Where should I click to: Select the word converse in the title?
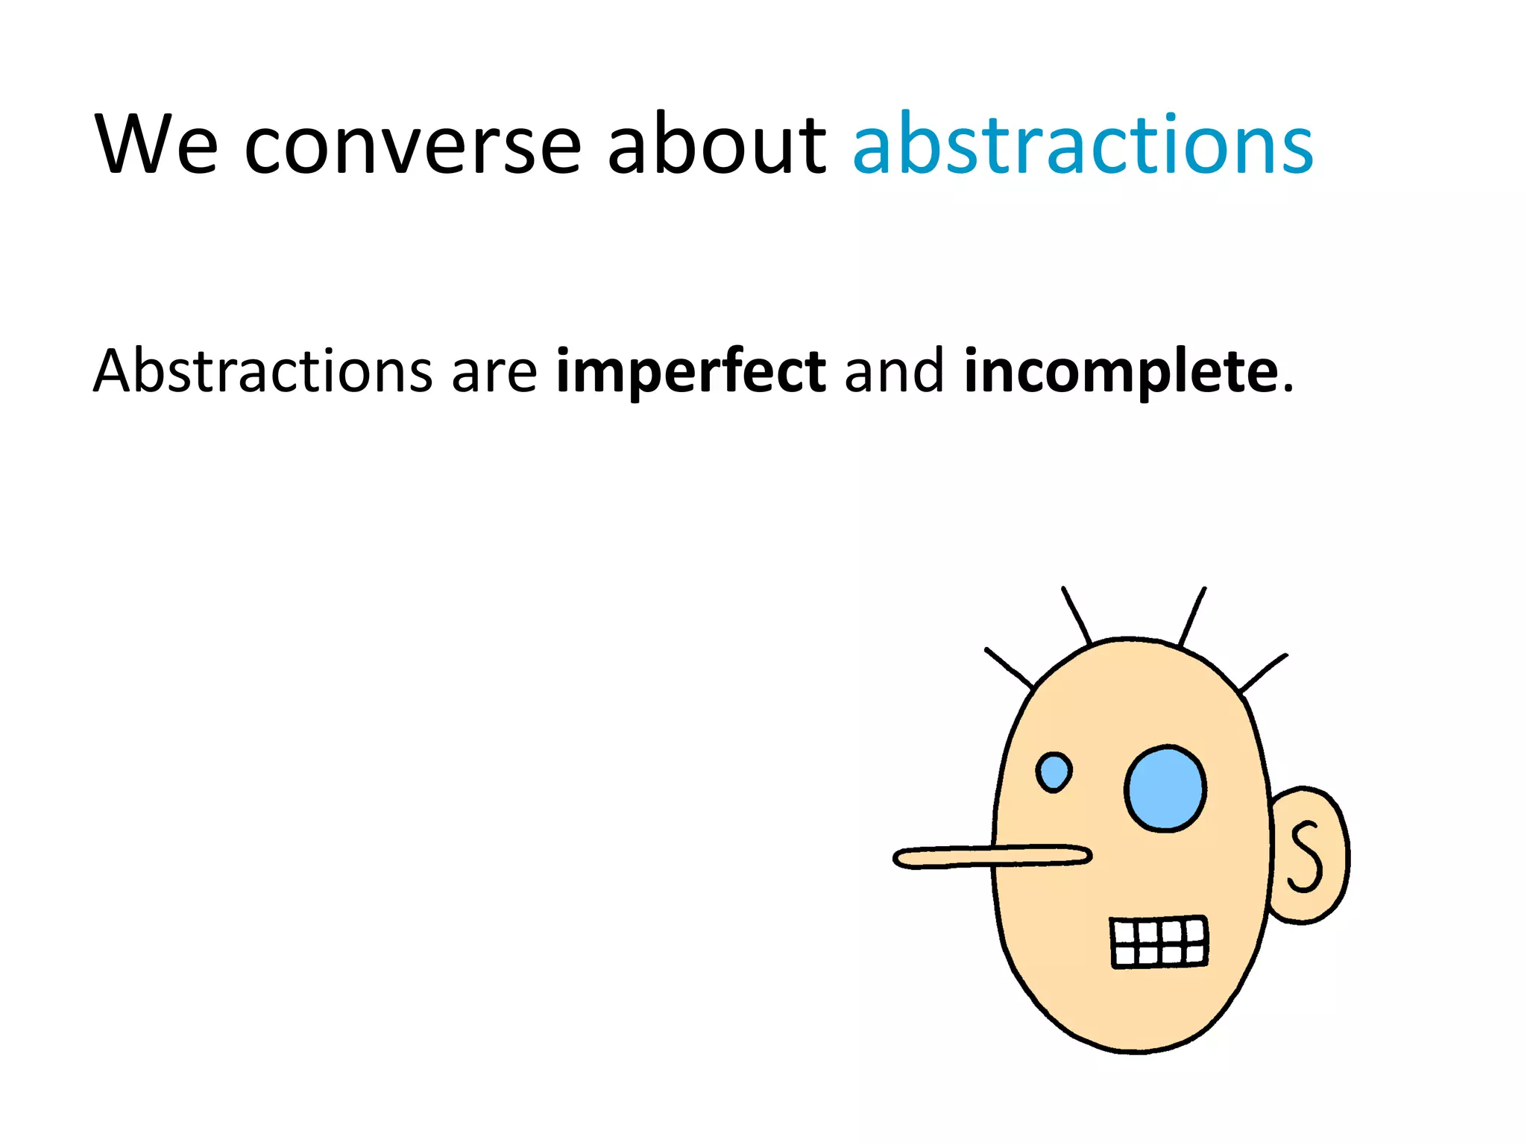412,145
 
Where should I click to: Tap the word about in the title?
716,145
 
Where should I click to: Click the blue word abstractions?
1083,145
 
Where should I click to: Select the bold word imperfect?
690,371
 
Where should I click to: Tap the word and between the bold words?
894,371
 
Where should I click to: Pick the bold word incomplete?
1121,371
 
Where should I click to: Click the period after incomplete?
1288,388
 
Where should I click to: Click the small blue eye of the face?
1054,772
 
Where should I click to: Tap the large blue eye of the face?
1165,789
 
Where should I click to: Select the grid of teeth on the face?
1159,943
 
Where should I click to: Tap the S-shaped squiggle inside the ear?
1306,857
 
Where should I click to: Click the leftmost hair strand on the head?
1010,668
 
